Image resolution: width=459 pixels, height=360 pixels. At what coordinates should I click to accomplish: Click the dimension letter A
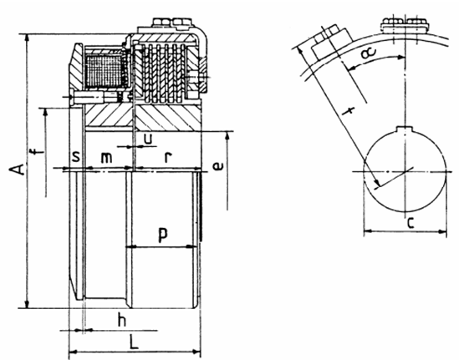point(17,169)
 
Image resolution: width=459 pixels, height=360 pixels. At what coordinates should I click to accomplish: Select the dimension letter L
point(134,342)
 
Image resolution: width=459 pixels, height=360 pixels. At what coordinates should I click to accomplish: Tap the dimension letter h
point(122,319)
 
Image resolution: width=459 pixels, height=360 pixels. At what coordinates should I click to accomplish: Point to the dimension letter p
point(163,235)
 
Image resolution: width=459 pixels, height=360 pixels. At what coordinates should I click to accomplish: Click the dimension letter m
point(106,158)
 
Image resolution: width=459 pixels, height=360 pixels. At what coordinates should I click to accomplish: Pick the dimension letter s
point(76,157)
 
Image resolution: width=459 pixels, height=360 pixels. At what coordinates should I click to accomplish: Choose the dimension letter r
point(167,158)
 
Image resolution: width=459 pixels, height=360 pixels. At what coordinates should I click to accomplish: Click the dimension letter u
point(149,139)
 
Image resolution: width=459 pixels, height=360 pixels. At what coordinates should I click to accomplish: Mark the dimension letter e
point(218,166)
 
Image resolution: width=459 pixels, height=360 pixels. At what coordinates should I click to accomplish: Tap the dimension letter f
point(38,152)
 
